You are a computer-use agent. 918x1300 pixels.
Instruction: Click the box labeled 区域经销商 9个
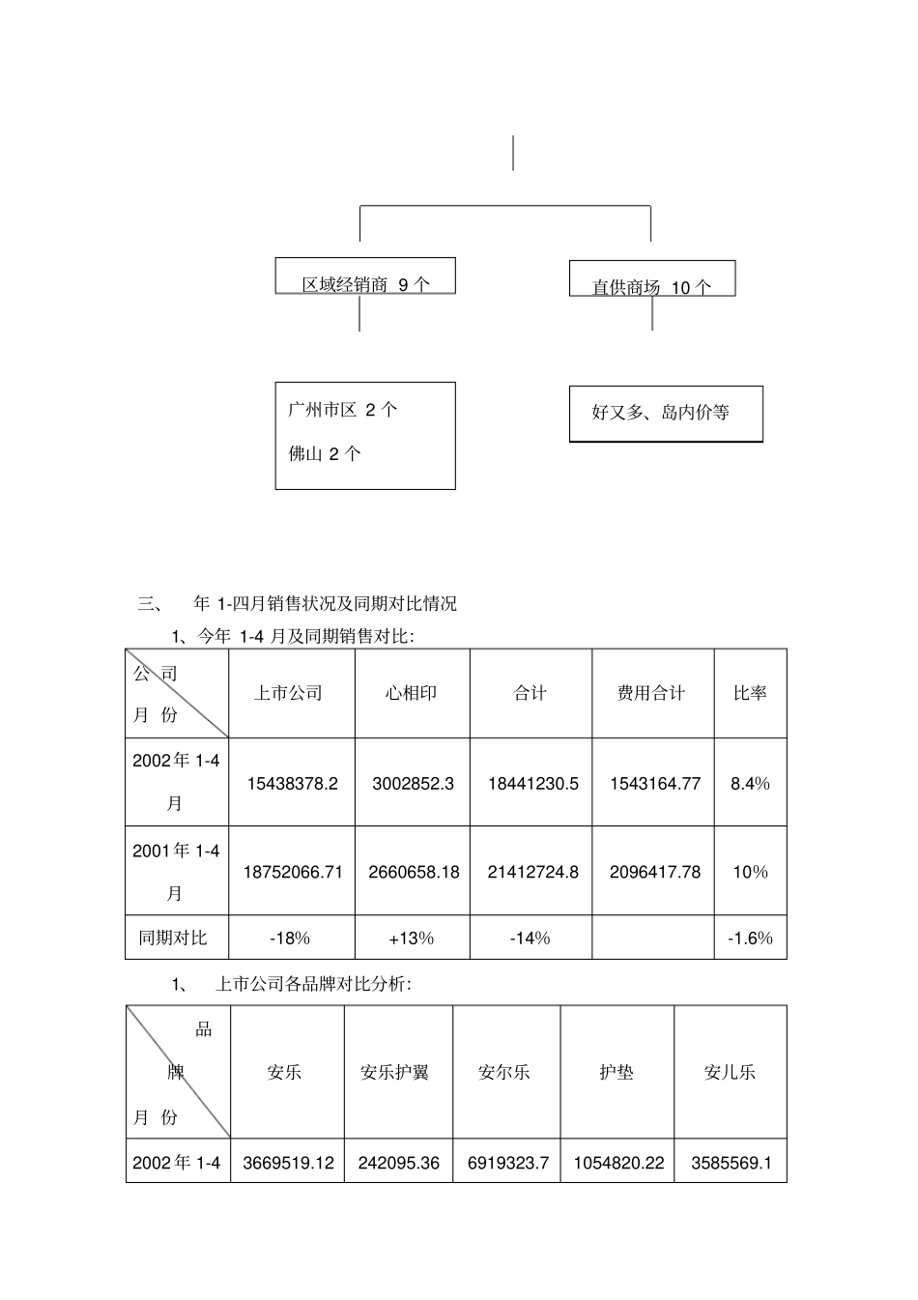(365, 276)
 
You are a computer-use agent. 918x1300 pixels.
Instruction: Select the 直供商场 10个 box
(652, 279)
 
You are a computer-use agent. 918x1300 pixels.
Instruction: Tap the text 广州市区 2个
(343, 410)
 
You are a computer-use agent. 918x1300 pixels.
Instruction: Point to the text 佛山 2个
(325, 453)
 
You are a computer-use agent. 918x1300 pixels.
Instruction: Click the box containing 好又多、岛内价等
(665, 414)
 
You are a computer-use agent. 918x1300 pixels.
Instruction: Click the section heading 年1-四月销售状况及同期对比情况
(325, 604)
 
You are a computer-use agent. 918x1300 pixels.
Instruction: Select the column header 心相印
(412, 693)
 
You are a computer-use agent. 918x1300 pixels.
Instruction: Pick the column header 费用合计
(651, 693)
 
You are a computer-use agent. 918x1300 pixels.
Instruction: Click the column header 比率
(750, 693)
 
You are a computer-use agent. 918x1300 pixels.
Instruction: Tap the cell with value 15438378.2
(292, 783)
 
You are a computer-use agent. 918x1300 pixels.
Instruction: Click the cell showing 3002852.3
(413, 783)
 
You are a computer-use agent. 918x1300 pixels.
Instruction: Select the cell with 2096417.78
(654, 872)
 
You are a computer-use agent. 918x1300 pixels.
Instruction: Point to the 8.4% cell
(750, 783)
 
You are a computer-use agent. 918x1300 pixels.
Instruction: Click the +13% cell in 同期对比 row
(412, 938)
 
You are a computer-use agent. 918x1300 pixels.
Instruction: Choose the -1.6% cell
(750, 938)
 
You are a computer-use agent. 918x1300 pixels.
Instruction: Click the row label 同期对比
(174, 938)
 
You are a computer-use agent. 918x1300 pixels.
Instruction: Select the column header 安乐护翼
(394, 1072)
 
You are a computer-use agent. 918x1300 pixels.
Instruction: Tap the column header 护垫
(617, 1072)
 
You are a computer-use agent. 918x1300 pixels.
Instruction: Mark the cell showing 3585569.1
(732, 1163)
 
